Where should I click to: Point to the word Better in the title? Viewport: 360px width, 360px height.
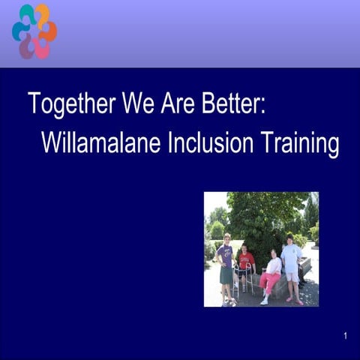tap(233, 103)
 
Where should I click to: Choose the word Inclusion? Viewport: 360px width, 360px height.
tap(216, 142)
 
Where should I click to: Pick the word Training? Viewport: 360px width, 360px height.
tap(300, 142)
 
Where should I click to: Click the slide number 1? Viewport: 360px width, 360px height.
tap(346, 336)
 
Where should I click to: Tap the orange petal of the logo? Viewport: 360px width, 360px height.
tap(49, 31)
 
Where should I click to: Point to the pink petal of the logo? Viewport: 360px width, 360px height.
tap(42, 49)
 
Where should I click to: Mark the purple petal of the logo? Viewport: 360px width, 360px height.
tap(27, 49)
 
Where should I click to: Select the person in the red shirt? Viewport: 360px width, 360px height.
tap(247, 262)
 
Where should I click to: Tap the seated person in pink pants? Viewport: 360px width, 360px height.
tap(271, 274)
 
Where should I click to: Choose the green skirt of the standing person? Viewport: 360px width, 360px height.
tap(226, 275)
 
